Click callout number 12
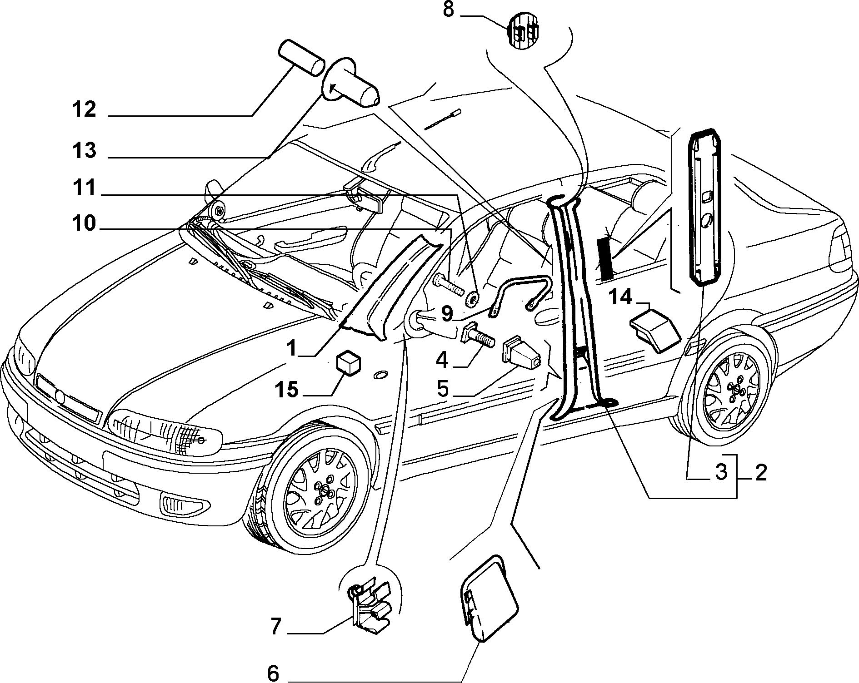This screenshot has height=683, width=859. coord(84,110)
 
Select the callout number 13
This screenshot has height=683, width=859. coord(84,150)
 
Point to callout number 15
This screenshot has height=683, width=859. coord(286,390)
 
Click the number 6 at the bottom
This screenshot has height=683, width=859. coord(273,673)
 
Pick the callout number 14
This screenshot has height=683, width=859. coord(620,297)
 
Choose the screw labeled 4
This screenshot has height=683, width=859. coord(479,337)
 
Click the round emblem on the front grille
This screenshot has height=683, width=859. coord(60,396)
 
